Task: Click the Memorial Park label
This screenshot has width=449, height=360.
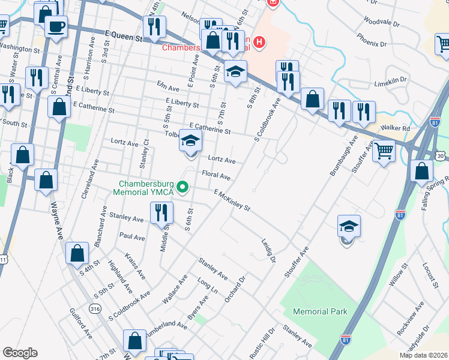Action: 320,312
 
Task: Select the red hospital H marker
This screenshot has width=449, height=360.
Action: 259,42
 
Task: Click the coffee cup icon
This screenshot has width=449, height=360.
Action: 56,26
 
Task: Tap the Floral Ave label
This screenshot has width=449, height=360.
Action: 216,176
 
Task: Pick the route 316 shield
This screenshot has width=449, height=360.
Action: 95,308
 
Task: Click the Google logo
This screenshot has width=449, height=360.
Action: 19,353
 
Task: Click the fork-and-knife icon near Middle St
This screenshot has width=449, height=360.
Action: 161,212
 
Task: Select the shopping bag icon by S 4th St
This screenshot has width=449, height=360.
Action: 78,254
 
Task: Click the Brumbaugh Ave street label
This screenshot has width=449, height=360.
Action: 343,155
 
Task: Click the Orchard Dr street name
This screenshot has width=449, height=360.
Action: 235,289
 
